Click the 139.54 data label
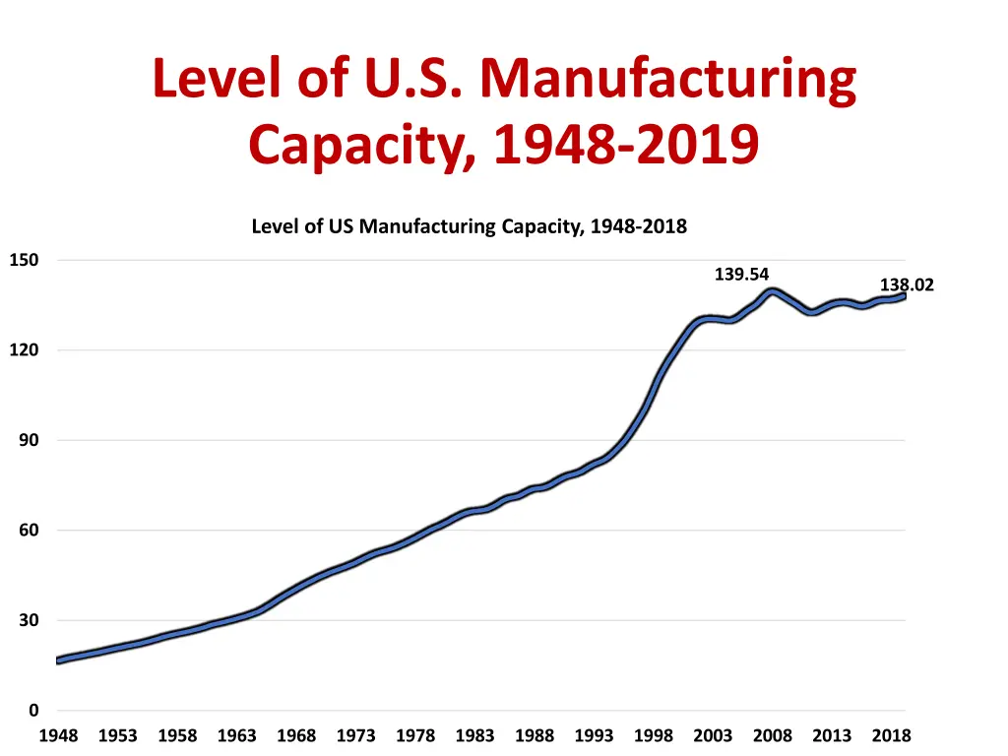pyautogui.click(x=741, y=275)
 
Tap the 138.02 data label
pyautogui.click(x=907, y=285)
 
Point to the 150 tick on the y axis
pyautogui.click(x=24, y=261)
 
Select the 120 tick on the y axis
pyautogui.click(x=24, y=350)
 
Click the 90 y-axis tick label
pyautogui.click(x=29, y=441)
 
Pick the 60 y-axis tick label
pyautogui.click(x=29, y=531)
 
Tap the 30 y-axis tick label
pyautogui.click(x=29, y=621)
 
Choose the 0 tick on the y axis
pyautogui.click(x=33, y=711)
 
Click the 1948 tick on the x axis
pyautogui.click(x=58, y=736)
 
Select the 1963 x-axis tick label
pyautogui.click(x=236, y=736)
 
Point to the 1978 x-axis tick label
pyautogui.click(x=415, y=736)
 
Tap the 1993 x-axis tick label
pyautogui.click(x=594, y=736)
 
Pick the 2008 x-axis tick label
pyautogui.click(x=773, y=736)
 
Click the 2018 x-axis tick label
pyautogui.click(x=891, y=736)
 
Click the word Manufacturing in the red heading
pyautogui.click(x=668, y=81)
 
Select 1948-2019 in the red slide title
pyautogui.click(x=626, y=146)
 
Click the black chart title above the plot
pyautogui.click(x=469, y=226)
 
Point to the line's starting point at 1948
pyautogui.click(x=58, y=661)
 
